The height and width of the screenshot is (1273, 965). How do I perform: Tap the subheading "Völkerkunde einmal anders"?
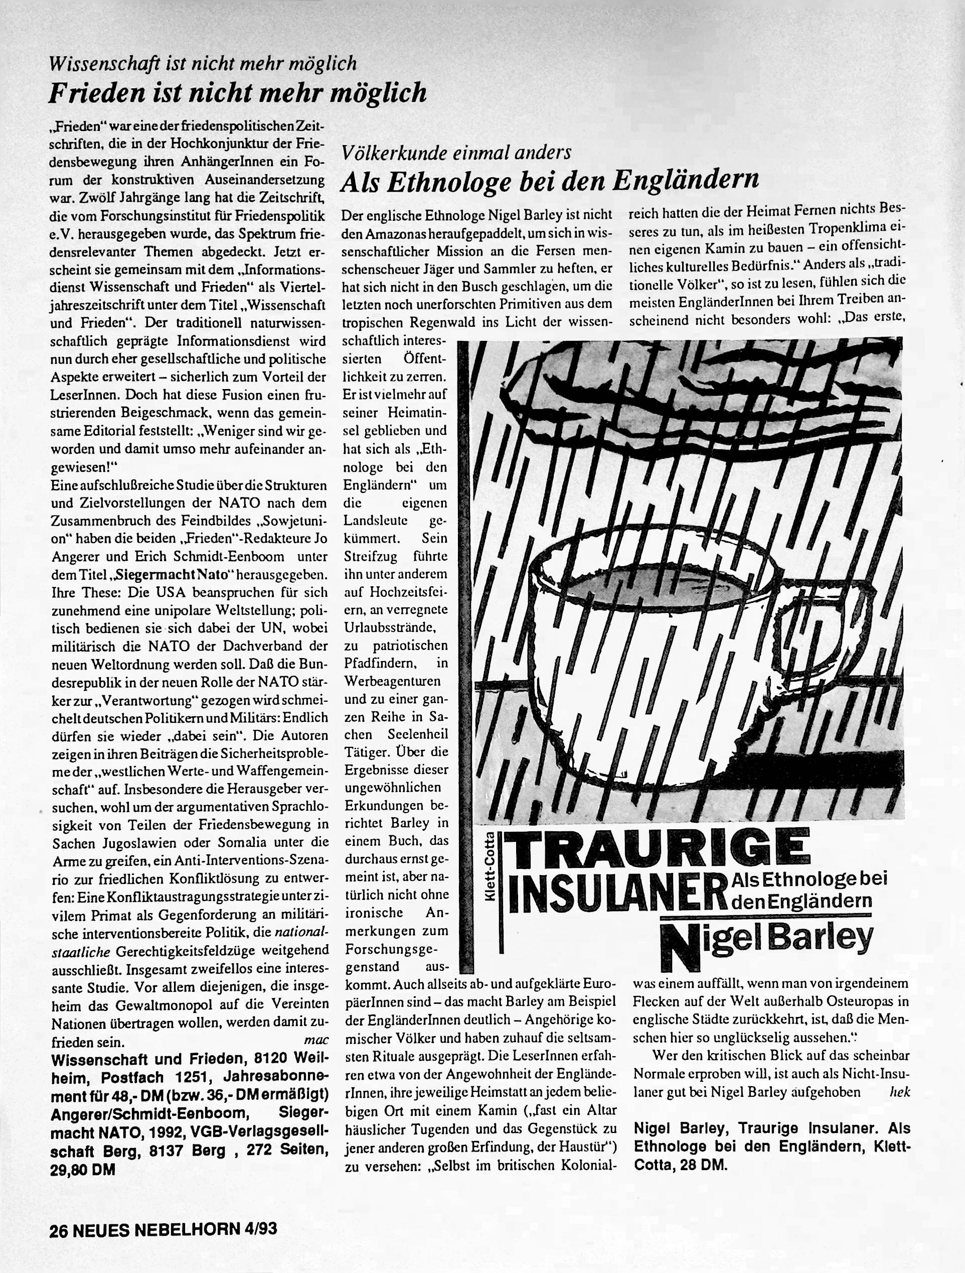(455, 153)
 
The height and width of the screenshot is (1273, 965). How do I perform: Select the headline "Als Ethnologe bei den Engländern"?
(549, 182)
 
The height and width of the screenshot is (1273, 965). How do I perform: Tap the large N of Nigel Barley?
(682, 947)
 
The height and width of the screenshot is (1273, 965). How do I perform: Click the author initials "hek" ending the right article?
(899, 1092)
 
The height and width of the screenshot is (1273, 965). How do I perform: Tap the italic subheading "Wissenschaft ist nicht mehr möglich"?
(203, 63)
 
